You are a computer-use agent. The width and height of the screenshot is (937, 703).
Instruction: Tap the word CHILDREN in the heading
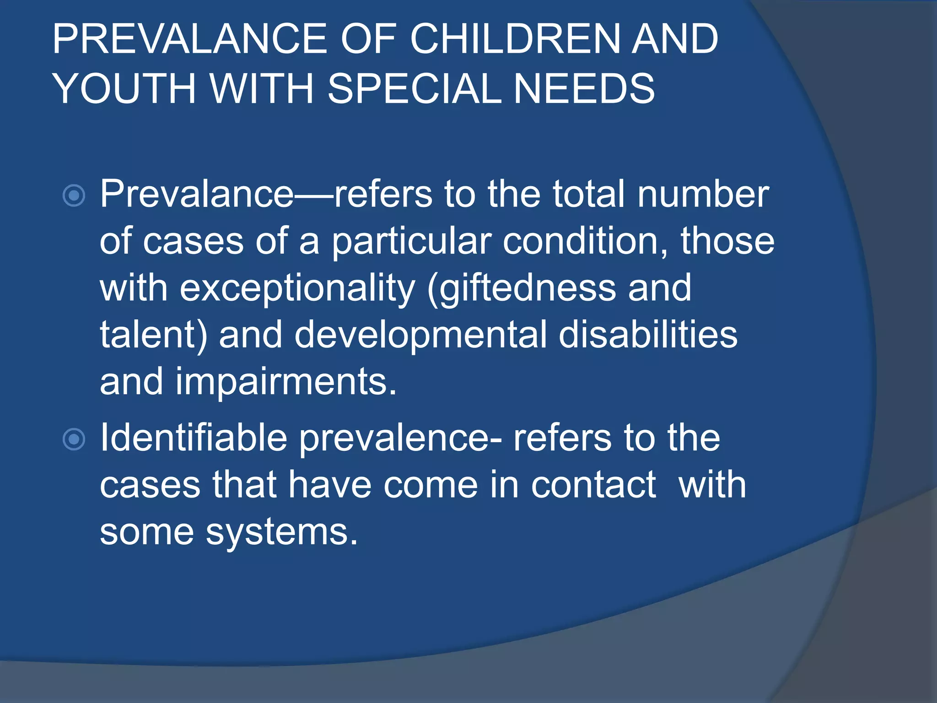tap(515, 39)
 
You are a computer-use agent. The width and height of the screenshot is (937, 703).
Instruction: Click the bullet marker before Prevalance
tap(74, 196)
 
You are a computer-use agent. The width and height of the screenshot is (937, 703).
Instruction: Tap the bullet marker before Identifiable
tap(74, 439)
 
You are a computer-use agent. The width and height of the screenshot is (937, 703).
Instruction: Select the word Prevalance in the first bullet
tap(197, 195)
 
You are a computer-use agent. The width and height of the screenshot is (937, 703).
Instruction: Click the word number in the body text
tap(703, 195)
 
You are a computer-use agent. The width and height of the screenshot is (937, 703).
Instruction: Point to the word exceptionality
tap(297, 289)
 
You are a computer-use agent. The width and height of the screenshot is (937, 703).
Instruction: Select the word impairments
tap(286, 382)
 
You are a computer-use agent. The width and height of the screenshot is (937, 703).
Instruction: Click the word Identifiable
tap(194, 438)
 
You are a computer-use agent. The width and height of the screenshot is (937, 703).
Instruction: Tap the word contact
tap(593, 485)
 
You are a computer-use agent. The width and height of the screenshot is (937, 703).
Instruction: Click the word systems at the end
tap(281, 534)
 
